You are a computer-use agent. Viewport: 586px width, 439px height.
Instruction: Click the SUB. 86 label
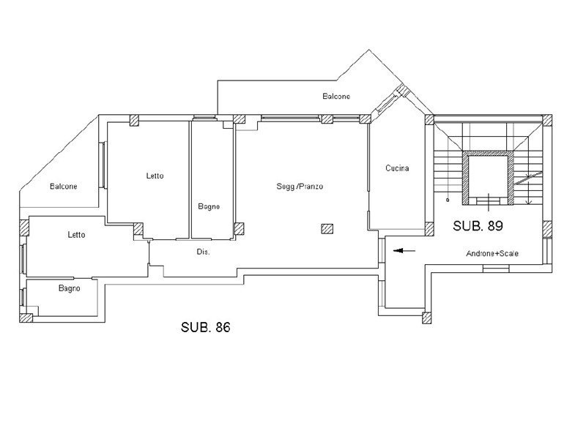tap(206, 327)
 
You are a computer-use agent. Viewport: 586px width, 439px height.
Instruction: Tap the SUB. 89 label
tap(478, 226)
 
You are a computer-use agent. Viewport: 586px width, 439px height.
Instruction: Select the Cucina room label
tap(397, 168)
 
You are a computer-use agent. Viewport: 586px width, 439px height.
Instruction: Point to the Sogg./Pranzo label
tap(300, 187)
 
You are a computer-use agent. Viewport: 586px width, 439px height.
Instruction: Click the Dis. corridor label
tap(204, 252)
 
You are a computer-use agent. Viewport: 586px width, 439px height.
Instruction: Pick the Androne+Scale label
tap(492, 254)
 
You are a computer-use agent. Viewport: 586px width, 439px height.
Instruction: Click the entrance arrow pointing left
tap(404, 250)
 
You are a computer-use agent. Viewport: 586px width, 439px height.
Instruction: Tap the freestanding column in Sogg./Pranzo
tap(327, 229)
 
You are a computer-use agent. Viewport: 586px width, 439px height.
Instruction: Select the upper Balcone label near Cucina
tap(336, 97)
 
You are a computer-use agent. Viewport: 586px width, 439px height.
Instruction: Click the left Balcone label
tap(64, 187)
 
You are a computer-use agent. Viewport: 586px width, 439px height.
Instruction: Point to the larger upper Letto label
tap(155, 176)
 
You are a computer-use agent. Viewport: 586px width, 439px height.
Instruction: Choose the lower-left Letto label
tap(77, 235)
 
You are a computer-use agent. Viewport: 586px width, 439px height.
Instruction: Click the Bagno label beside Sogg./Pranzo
tap(209, 206)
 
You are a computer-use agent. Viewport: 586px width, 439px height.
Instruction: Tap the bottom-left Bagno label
tap(69, 288)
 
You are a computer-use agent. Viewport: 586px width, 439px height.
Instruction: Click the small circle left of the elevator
tap(448, 200)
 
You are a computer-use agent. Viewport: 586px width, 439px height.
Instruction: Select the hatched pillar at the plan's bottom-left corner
tap(26, 318)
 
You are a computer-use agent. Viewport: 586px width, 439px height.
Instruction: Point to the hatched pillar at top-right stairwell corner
tap(547, 120)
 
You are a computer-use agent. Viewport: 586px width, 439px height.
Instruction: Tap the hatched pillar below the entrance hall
tap(427, 318)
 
